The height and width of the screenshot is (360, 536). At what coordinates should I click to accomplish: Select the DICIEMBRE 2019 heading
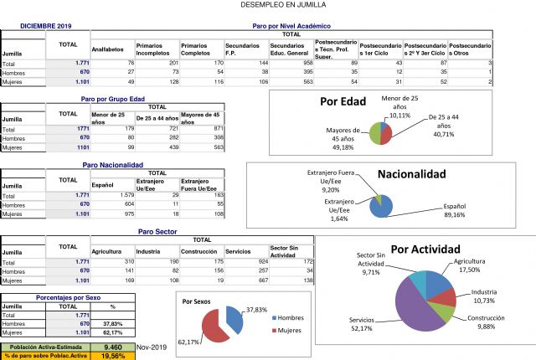(x=47, y=27)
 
